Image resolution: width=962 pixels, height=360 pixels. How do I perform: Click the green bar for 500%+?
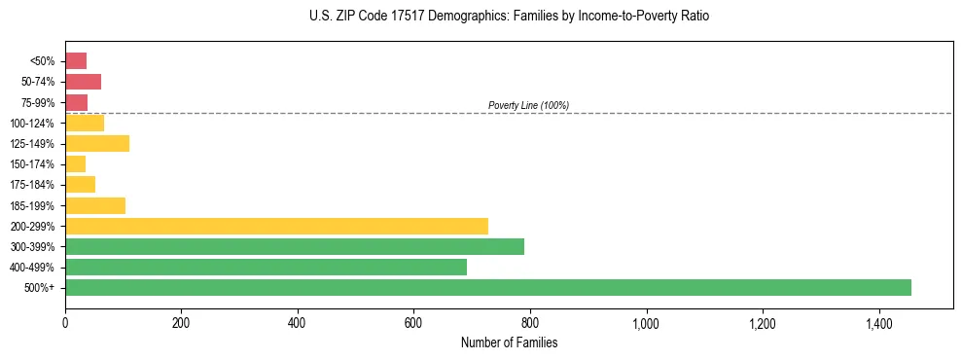(x=487, y=288)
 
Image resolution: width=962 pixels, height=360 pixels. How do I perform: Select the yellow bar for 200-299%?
(x=276, y=226)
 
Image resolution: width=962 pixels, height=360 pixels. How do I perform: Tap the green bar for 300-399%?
(x=294, y=246)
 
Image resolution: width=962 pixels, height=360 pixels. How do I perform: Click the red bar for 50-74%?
(x=83, y=82)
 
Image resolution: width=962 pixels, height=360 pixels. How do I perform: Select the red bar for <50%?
(x=76, y=61)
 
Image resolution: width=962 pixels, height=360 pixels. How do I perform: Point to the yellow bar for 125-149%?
(x=97, y=144)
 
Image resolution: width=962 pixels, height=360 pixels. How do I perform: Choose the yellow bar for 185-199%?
(x=95, y=205)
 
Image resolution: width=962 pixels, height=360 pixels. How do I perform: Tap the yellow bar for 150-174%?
(x=75, y=164)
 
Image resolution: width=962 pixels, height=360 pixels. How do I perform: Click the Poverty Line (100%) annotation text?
(x=528, y=105)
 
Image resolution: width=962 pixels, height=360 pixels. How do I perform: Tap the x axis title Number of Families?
(x=509, y=342)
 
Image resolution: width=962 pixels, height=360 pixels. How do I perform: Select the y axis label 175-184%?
(x=33, y=185)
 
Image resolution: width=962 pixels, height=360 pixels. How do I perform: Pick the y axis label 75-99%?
(x=38, y=103)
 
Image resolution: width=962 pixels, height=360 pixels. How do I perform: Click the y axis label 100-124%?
(x=33, y=124)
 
